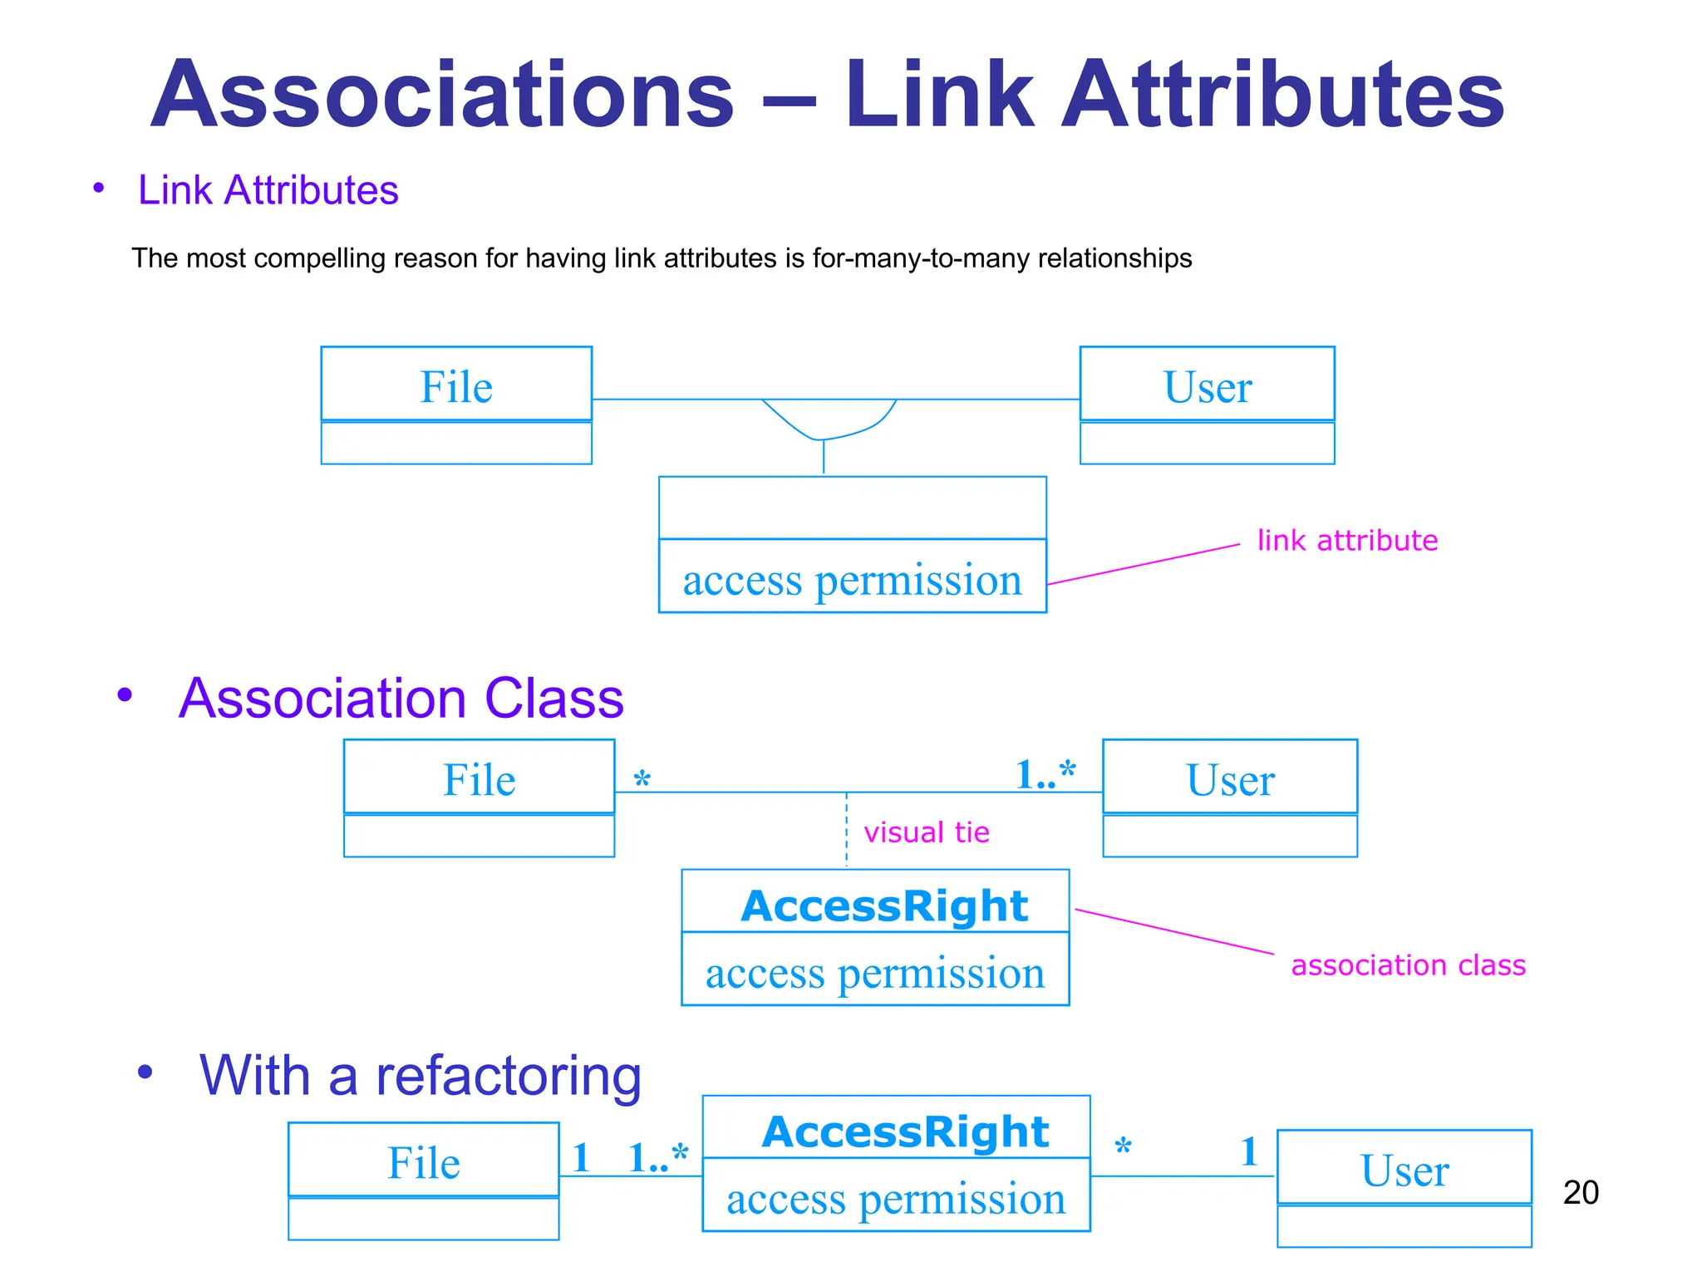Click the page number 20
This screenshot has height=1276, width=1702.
click(x=1580, y=1192)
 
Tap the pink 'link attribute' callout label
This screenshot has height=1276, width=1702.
click(x=1346, y=541)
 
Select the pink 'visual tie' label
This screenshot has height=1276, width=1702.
click(x=926, y=832)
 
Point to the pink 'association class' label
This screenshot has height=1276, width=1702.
click(x=1408, y=965)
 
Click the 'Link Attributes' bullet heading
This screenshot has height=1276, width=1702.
click(x=268, y=190)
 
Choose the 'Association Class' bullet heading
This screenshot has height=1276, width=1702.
click(x=401, y=699)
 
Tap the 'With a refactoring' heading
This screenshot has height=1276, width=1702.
click(x=420, y=1076)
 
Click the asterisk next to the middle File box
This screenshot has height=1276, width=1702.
click(x=642, y=780)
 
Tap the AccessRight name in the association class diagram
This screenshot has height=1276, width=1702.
click(x=884, y=905)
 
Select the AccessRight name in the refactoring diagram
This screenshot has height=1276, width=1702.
click(x=905, y=1131)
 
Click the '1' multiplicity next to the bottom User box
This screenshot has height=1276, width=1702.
click(x=1248, y=1152)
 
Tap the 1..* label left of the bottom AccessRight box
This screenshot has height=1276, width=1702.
click(x=657, y=1158)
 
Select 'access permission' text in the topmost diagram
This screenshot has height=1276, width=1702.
click(x=852, y=579)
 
